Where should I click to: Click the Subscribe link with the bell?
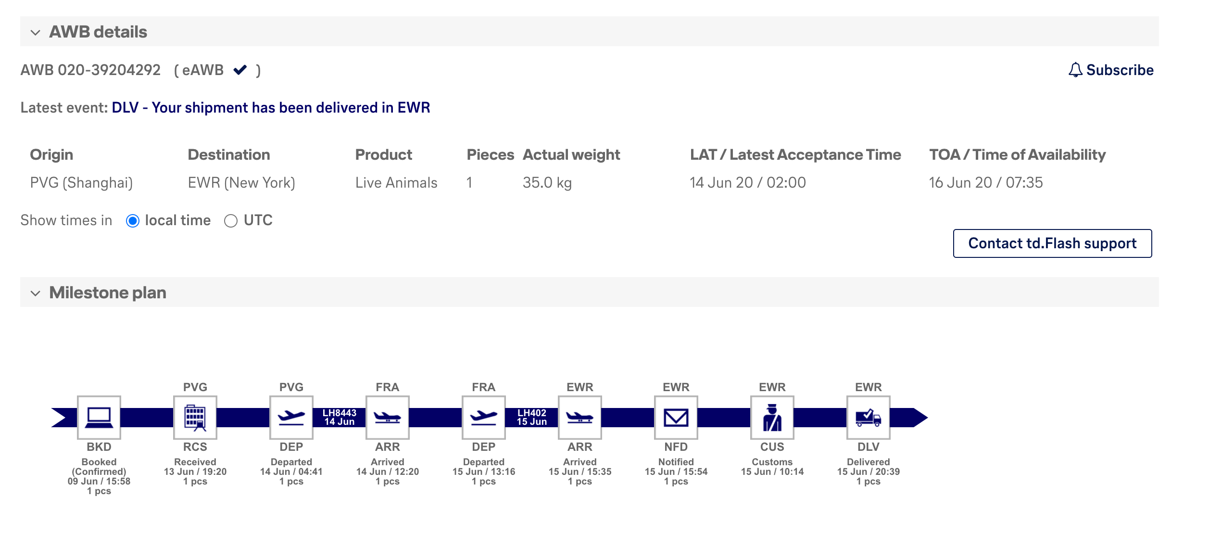click(x=1111, y=70)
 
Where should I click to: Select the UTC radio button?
click(x=231, y=221)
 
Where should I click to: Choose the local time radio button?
click(x=133, y=221)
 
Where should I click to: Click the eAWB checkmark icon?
click(x=240, y=70)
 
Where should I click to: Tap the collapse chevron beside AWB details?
click(x=35, y=33)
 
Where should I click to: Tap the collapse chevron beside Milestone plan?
click(x=35, y=293)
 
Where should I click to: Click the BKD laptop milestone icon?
click(x=99, y=418)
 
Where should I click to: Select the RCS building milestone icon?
click(x=195, y=418)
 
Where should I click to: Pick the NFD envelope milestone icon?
click(x=676, y=418)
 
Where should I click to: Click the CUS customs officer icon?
click(x=772, y=418)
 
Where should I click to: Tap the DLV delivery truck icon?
click(x=869, y=418)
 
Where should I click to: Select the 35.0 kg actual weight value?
click(x=547, y=183)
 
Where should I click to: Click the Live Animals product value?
click(x=396, y=183)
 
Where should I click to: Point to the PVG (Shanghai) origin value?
click(x=81, y=183)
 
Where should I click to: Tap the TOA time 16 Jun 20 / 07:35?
click(x=986, y=183)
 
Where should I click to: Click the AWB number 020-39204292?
click(x=109, y=70)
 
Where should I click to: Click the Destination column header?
click(x=229, y=155)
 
